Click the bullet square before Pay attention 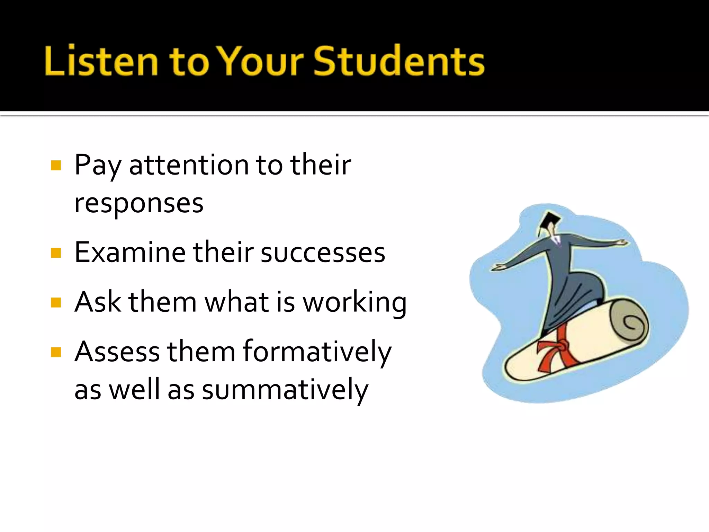coord(56,165)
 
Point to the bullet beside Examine coord(56,253)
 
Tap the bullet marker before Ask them coord(56,302)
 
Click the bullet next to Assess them coord(56,352)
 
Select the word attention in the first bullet coord(189,165)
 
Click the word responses coord(139,203)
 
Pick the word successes coord(323,252)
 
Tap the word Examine coord(130,252)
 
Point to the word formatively coord(317,352)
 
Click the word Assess coord(117,352)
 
